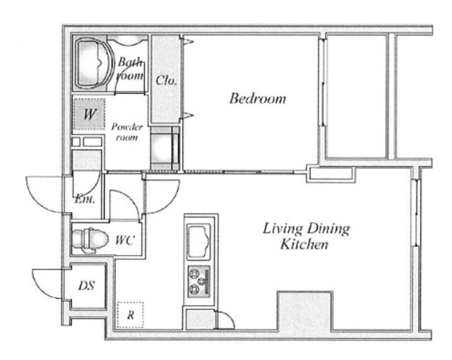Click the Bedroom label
pos(258,99)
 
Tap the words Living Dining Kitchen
pos(306,236)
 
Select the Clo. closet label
pos(167,80)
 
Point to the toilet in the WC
pos(90,239)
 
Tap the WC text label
pos(125,240)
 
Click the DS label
pos(86,286)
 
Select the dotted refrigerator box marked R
pos(130,315)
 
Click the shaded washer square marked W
pos(89,114)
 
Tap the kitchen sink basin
pos(198,241)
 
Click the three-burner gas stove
pos(198,282)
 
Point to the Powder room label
pos(127,132)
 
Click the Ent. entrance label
pos(85,199)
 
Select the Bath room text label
pos(130,69)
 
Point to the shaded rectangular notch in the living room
pos(305,311)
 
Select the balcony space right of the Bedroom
pos(357,97)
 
